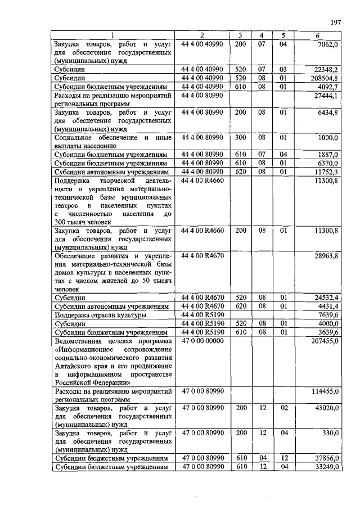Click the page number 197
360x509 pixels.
336,22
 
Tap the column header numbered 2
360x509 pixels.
202,37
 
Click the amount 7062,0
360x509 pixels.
327,44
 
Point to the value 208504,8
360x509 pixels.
325,78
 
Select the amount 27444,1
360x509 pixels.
326,96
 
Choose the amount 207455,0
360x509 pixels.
325,341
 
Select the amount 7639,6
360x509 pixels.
327,315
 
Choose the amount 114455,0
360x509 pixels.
325,390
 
